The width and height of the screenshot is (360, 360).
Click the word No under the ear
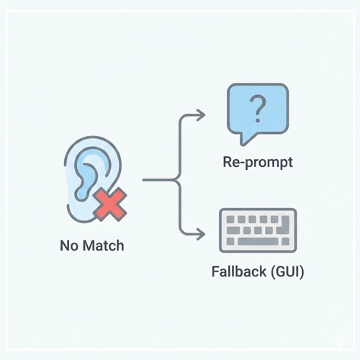point(68,246)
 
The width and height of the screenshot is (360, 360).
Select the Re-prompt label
point(257,161)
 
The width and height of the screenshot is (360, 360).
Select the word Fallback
point(237,274)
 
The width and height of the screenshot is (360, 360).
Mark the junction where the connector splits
point(176,177)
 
